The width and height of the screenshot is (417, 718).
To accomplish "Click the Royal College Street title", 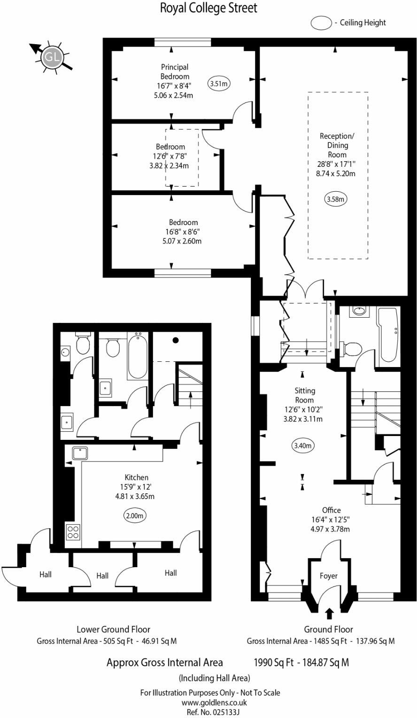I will click(x=208, y=8).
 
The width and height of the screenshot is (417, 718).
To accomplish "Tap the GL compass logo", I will click(x=52, y=57).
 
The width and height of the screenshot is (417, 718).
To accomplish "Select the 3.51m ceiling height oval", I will click(x=219, y=84).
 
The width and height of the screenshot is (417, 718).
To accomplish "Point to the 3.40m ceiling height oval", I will click(x=302, y=445).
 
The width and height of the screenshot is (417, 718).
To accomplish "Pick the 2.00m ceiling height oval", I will click(x=135, y=515).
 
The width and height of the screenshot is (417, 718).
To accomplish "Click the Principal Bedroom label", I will click(x=175, y=71).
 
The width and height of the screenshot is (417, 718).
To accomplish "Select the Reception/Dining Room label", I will click(x=337, y=145).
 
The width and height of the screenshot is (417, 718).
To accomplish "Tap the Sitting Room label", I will click(x=305, y=395).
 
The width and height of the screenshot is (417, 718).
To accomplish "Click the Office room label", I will click(x=331, y=510).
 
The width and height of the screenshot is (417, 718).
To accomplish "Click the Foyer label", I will click(x=329, y=576).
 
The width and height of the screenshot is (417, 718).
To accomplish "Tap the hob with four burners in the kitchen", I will click(x=74, y=531).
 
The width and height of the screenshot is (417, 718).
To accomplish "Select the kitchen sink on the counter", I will click(x=80, y=453).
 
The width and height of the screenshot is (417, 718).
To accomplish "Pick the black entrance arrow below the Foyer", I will click(x=329, y=612).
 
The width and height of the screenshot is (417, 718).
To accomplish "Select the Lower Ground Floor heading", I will click(x=113, y=629).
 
